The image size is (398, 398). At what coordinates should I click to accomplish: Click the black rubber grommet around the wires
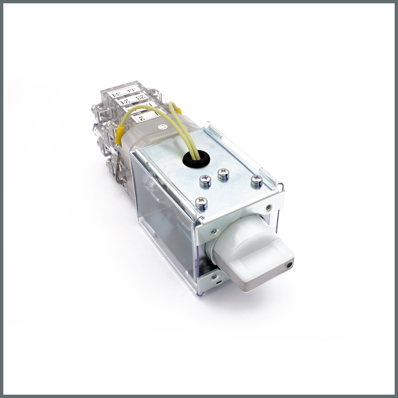point(197,158)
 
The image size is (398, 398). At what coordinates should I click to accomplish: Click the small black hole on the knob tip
point(290,265)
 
